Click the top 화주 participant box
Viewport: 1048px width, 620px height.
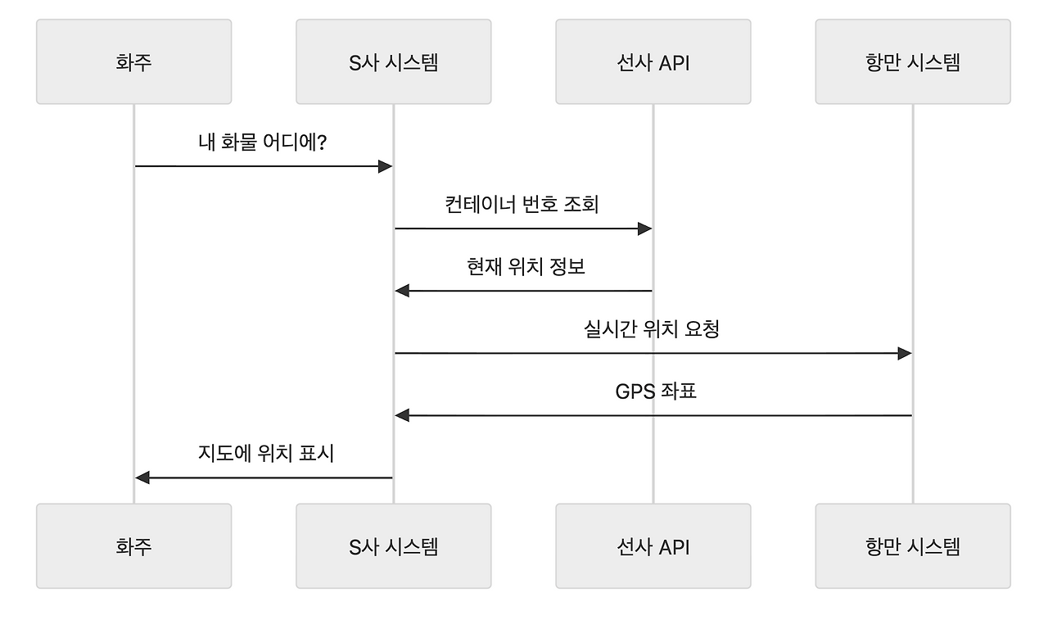point(133,62)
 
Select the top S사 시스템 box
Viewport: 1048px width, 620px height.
point(393,62)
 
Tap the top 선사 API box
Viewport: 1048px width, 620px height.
point(653,62)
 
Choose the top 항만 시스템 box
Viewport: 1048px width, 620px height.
point(912,62)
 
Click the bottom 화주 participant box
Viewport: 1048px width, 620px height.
point(133,545)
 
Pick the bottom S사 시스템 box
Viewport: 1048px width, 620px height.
point(393,545)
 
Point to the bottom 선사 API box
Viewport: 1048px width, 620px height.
point(653,545)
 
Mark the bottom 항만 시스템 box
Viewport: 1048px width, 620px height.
point(912,545)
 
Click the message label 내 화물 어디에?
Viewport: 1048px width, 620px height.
point(263,142)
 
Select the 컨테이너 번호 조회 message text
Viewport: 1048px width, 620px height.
point(522,204)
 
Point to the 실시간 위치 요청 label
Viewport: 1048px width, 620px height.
point(652,328)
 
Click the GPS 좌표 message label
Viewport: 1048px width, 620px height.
point(655,391)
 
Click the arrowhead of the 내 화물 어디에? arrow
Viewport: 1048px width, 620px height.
point(386,166)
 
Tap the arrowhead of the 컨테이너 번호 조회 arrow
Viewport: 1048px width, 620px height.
point(645,229)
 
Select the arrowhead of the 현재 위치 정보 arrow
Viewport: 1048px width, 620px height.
point(402,291)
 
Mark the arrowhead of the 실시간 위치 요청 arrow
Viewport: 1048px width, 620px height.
point(905,353)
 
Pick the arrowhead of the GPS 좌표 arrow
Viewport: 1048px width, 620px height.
point(402,415)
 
